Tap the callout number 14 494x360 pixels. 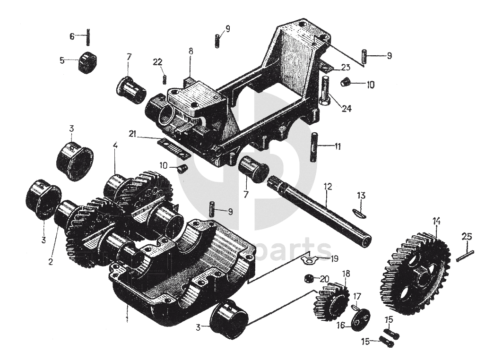[436, 221]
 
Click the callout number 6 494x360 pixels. [72, 36]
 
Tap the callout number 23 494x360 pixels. [345, 67]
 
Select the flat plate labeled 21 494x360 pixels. [174, 148]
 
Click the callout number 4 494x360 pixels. [115, 146]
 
